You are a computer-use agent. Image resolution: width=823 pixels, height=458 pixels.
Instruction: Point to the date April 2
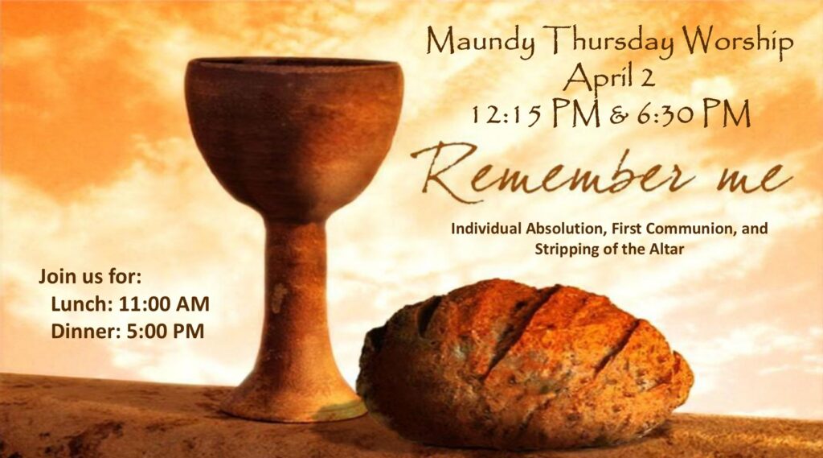pos(609,76)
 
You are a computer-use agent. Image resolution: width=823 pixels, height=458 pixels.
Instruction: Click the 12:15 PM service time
pos(534,113)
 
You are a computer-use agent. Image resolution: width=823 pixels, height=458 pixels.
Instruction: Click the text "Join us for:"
pos(90,277)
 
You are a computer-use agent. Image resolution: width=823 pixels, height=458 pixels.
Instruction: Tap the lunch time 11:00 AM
pos(164,304)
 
